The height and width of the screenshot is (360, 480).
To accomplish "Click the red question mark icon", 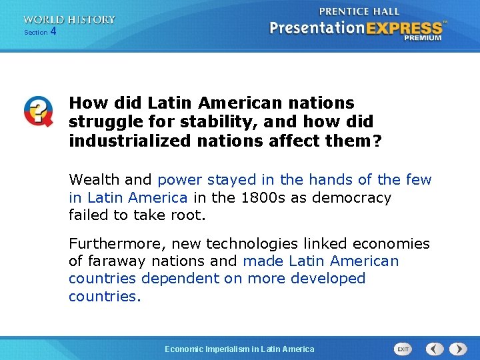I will [37, 111].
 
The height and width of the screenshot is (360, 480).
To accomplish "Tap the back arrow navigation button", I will [435, 349].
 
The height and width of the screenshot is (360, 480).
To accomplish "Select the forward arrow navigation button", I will [458, 349].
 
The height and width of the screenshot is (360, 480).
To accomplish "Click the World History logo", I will [69, 20].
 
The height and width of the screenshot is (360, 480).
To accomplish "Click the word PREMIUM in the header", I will [423, 38].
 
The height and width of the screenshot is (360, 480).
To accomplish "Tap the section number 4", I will [53, 31].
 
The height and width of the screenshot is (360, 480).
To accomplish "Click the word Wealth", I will [95, 179].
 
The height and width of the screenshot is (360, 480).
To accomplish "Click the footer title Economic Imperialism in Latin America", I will [240, 349].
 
